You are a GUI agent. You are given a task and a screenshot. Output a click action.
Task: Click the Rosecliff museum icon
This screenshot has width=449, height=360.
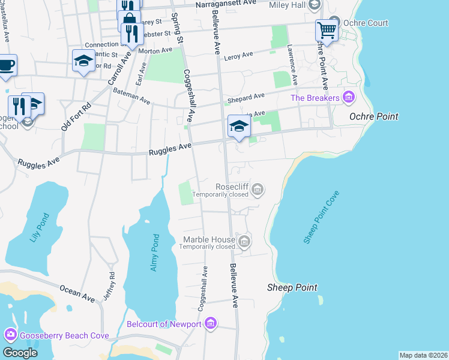pos(258,190)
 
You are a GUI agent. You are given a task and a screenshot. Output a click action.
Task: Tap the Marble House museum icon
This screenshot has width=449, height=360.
pos(244,242)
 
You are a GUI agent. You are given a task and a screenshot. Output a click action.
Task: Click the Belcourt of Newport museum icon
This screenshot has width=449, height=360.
pos(210,325)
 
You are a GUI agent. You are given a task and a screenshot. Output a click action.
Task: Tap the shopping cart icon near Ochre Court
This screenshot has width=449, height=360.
pos(326,30)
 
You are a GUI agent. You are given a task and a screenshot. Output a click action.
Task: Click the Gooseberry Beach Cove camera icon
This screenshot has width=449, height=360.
pos(10,335)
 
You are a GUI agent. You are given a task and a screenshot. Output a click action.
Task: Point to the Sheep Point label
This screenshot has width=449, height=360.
pos(292,288)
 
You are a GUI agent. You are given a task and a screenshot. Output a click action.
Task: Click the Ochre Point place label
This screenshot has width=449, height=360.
pos(373,116)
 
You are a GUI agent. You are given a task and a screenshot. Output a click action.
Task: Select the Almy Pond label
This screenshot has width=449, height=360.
pos(154,252)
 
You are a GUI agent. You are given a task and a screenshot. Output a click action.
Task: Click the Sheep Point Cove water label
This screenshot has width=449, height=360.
pos(322,217)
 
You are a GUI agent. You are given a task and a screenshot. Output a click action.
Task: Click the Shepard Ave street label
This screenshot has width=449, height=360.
pos(246,97)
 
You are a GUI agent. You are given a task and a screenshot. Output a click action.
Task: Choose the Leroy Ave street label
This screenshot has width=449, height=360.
pos(238,56)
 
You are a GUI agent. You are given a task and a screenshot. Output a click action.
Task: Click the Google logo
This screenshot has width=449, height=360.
pos(20,352)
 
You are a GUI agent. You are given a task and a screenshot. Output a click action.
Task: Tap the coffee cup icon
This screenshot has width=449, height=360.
pos(6,65)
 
